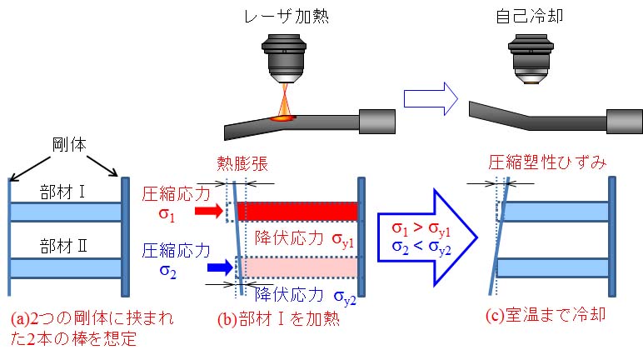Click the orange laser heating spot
coord(282,117)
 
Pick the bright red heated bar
coord(297,211)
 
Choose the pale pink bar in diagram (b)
coord(297,267)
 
